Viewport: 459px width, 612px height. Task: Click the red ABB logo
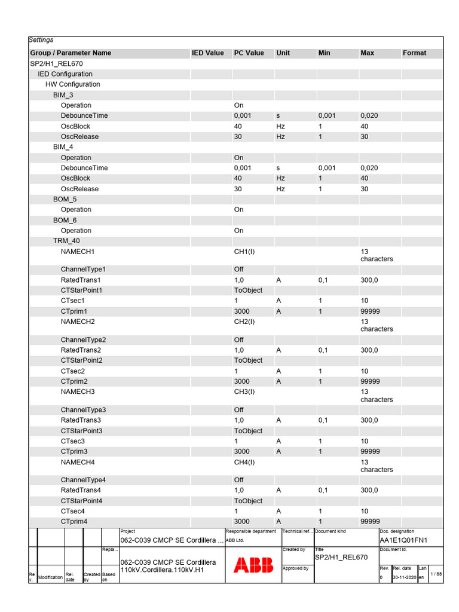[253, 565]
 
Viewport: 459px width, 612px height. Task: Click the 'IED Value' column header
[207, 53]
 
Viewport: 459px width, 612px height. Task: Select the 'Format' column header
[414, 53]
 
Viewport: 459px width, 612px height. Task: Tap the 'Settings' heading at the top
[41, 40]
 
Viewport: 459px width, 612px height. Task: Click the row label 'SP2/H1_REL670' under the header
[56, 63]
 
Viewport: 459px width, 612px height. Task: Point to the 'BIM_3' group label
[63, 95]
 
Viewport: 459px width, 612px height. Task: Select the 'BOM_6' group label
[65, 220]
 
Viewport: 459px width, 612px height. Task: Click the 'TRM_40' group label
[66, 241]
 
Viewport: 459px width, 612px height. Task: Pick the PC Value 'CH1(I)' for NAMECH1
[244, 252]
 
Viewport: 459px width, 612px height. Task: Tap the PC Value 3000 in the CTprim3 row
[242, 451]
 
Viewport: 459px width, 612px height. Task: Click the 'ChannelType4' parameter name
[83, 480]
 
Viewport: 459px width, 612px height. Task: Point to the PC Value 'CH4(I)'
[244, 462]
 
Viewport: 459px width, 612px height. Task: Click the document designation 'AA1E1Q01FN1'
[403, 540]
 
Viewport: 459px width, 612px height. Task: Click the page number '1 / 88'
[436, 574]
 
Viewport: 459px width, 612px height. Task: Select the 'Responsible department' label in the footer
[250, 531]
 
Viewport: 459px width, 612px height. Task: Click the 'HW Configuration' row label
[73, 84]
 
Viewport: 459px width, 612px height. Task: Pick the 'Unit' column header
[283, 53]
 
